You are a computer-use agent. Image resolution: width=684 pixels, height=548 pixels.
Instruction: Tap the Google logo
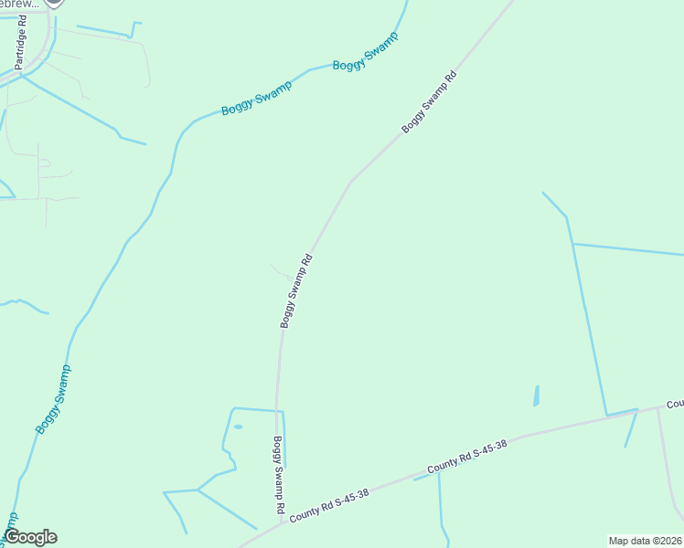pyautogui.click(x=31, y=537)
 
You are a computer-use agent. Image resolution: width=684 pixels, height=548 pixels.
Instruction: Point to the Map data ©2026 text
pyautogui.click(x=645, y=541)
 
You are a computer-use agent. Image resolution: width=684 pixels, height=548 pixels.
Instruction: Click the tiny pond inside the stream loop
pyautogui.click(x=239, y=427)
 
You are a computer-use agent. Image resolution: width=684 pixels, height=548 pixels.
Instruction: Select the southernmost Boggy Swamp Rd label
pyautogui.click(x=278, y=473)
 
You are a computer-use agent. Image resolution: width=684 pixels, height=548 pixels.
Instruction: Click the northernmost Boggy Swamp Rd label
pyautogui.click(x=429, y=101)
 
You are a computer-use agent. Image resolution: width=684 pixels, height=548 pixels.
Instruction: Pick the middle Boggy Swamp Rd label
pyautogui.click(x=296, y=291)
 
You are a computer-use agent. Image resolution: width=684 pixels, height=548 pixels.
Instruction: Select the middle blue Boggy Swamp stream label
pyautogui.click(x=256, y=99)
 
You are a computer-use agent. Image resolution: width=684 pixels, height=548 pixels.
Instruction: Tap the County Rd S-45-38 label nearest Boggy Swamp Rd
pyautogui.click(x=329, y=506)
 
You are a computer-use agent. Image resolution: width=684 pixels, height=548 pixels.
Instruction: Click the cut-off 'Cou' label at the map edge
pyautogui.click(x=675, y=404)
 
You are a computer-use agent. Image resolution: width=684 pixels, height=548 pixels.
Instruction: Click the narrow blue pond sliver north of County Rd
pyautogui.click(x=536, y=395)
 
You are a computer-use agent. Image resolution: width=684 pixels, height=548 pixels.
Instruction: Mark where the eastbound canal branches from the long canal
pyautogui.click(x=572, y=244)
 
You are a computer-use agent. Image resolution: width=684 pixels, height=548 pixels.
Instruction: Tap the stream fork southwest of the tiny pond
pyautogui.click(x=198, y=490)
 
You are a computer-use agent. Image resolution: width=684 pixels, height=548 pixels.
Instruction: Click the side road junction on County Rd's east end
pyautogui.click(x=658, y=408)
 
